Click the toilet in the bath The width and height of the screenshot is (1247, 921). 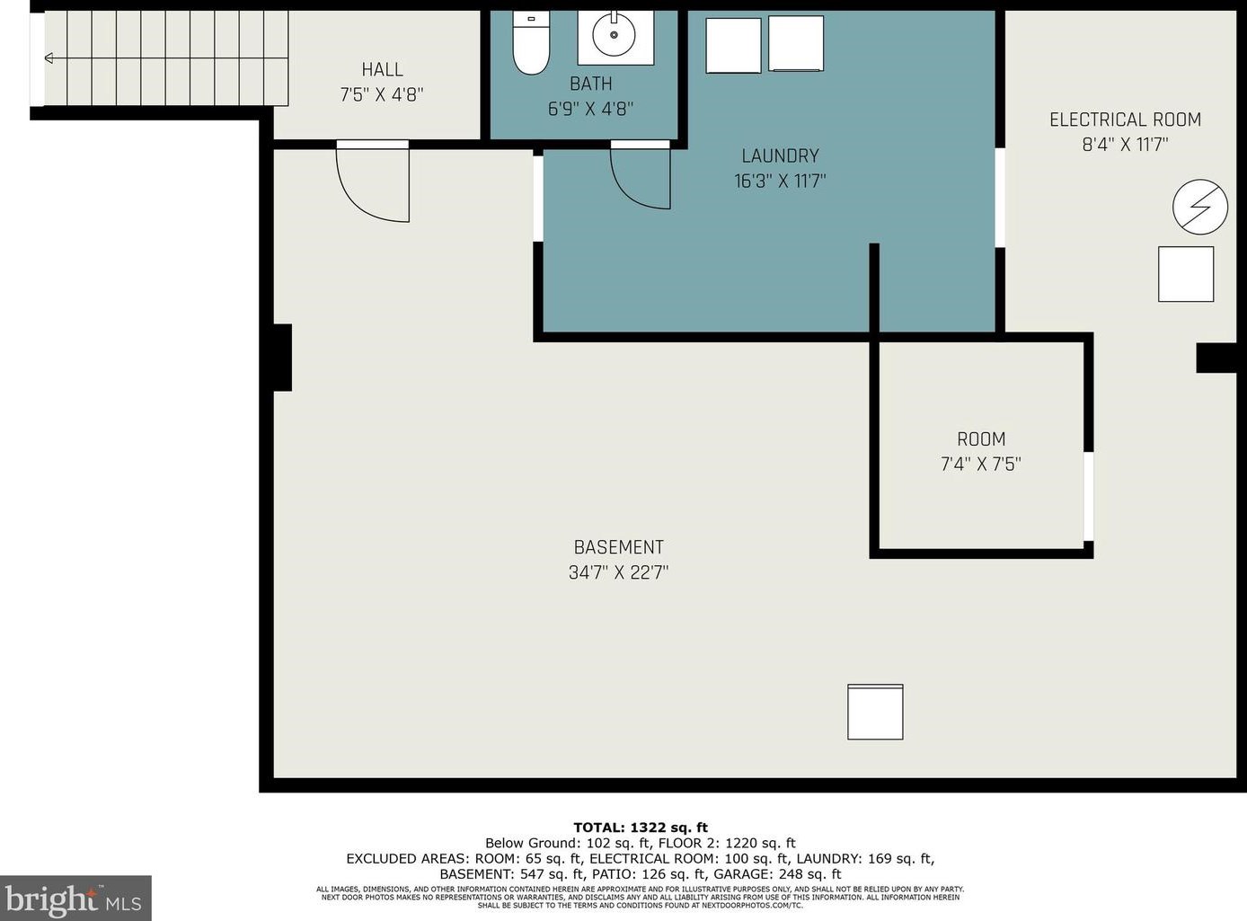point(531,43)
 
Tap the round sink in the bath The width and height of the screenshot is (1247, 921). point(614,35)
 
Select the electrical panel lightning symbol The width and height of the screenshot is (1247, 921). point(1199,207)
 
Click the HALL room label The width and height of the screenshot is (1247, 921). point(383,70)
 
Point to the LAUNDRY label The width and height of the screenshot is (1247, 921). point(780,155)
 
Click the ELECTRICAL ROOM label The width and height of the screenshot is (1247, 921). point(1126,120)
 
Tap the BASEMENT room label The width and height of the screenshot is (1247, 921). point(618,547)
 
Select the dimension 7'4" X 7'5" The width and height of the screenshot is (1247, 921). point(980,464)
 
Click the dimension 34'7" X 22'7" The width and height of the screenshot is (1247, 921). point(618,572)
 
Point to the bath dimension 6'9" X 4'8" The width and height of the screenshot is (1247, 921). point(590,109)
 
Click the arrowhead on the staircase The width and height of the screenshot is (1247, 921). point(49,58)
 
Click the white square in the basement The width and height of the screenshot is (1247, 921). point(875,712)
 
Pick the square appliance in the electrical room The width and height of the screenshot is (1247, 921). point(1186,274)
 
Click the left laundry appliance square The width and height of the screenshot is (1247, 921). point(734,46)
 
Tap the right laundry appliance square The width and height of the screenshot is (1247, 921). point(796,44)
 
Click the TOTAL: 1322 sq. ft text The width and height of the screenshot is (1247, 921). point(641,827)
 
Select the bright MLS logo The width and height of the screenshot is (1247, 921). point(75,898)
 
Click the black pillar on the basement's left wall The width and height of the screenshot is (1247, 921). point(282,357)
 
